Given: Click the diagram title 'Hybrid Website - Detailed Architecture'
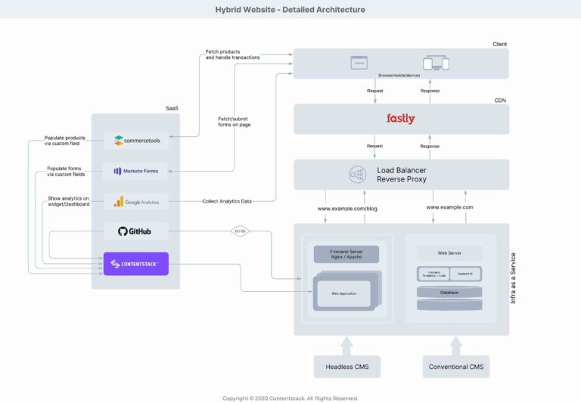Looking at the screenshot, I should tap(290, 10).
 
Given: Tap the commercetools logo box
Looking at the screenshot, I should tap(135, 140).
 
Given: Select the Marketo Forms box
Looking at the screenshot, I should tap(135, 171).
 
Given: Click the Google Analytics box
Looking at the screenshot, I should tap(135, 201).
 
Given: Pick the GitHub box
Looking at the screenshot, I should tap(135, 231).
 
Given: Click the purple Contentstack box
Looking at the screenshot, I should tap(135, 264).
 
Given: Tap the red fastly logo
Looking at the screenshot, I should tap(400, 119).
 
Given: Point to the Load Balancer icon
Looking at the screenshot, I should tap(357, 175).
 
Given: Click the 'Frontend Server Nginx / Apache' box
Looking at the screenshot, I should tap(346, 254).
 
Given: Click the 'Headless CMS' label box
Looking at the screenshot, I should tap(346, 367).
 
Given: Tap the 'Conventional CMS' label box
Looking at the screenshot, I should tap(455, 367).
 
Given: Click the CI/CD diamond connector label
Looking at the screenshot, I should tap(240, 231).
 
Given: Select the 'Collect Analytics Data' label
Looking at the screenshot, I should tap(228, 201).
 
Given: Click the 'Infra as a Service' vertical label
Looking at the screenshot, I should tap(514, 278).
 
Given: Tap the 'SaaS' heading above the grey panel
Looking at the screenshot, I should tap(172, 108).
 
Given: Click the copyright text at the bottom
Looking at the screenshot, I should tap(290, 398).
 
